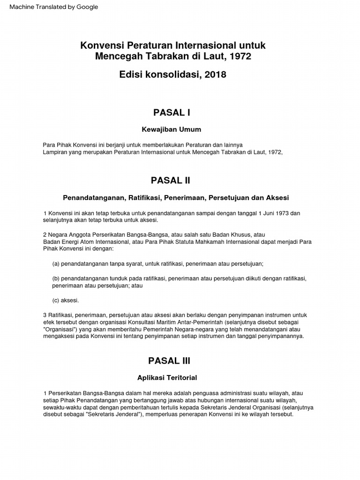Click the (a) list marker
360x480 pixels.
(x=56, y=264)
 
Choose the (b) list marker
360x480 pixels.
(x=56, y=278)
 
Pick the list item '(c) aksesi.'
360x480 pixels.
(x=66, y=300)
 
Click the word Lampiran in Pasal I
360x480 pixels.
(x=54, y=152)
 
